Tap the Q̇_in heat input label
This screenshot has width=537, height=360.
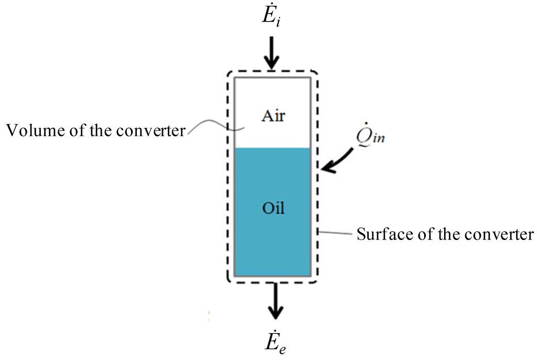click(367, 137)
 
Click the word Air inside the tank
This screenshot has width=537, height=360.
click(273, 115)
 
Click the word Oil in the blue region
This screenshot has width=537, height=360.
click(273, 208)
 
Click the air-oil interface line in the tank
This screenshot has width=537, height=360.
click(273, 148)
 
